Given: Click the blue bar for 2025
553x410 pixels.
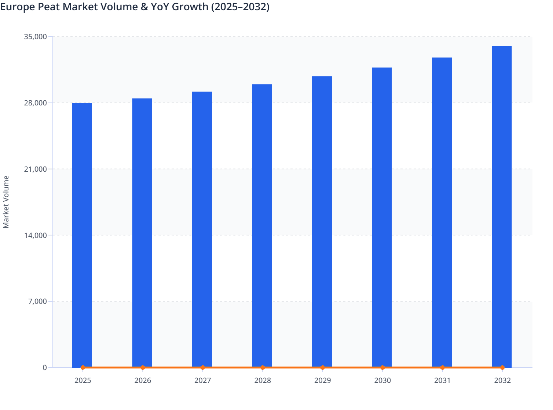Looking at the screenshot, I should coord(82,234).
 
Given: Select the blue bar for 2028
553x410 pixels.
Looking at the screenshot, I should coord(262,225).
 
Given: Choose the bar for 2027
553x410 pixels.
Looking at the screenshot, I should coord(202,229).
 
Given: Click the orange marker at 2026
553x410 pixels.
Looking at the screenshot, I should coord(143,367).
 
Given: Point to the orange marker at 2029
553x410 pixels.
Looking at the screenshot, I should coord(322,367).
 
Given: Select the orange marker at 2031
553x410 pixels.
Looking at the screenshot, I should coord(442,367).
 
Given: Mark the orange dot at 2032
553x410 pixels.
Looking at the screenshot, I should coord(502,367).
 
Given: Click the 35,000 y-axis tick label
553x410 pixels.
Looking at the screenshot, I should coord(36,37).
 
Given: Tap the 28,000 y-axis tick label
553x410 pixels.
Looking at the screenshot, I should coord(36,103).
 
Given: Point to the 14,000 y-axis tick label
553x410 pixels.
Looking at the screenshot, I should coord(36,235).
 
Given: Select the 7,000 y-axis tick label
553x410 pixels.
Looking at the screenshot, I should coord(37,302).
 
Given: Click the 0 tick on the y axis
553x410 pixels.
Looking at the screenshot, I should coord(45,368).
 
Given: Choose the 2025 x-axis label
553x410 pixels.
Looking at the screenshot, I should coord(83,380).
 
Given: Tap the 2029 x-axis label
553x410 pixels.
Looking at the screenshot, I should coord(322,380).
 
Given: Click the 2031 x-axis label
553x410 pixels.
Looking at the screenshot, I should coord(442,380).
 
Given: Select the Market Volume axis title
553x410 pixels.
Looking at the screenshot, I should coord(6,202).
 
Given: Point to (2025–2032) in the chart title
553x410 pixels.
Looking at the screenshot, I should coord(240,7).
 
